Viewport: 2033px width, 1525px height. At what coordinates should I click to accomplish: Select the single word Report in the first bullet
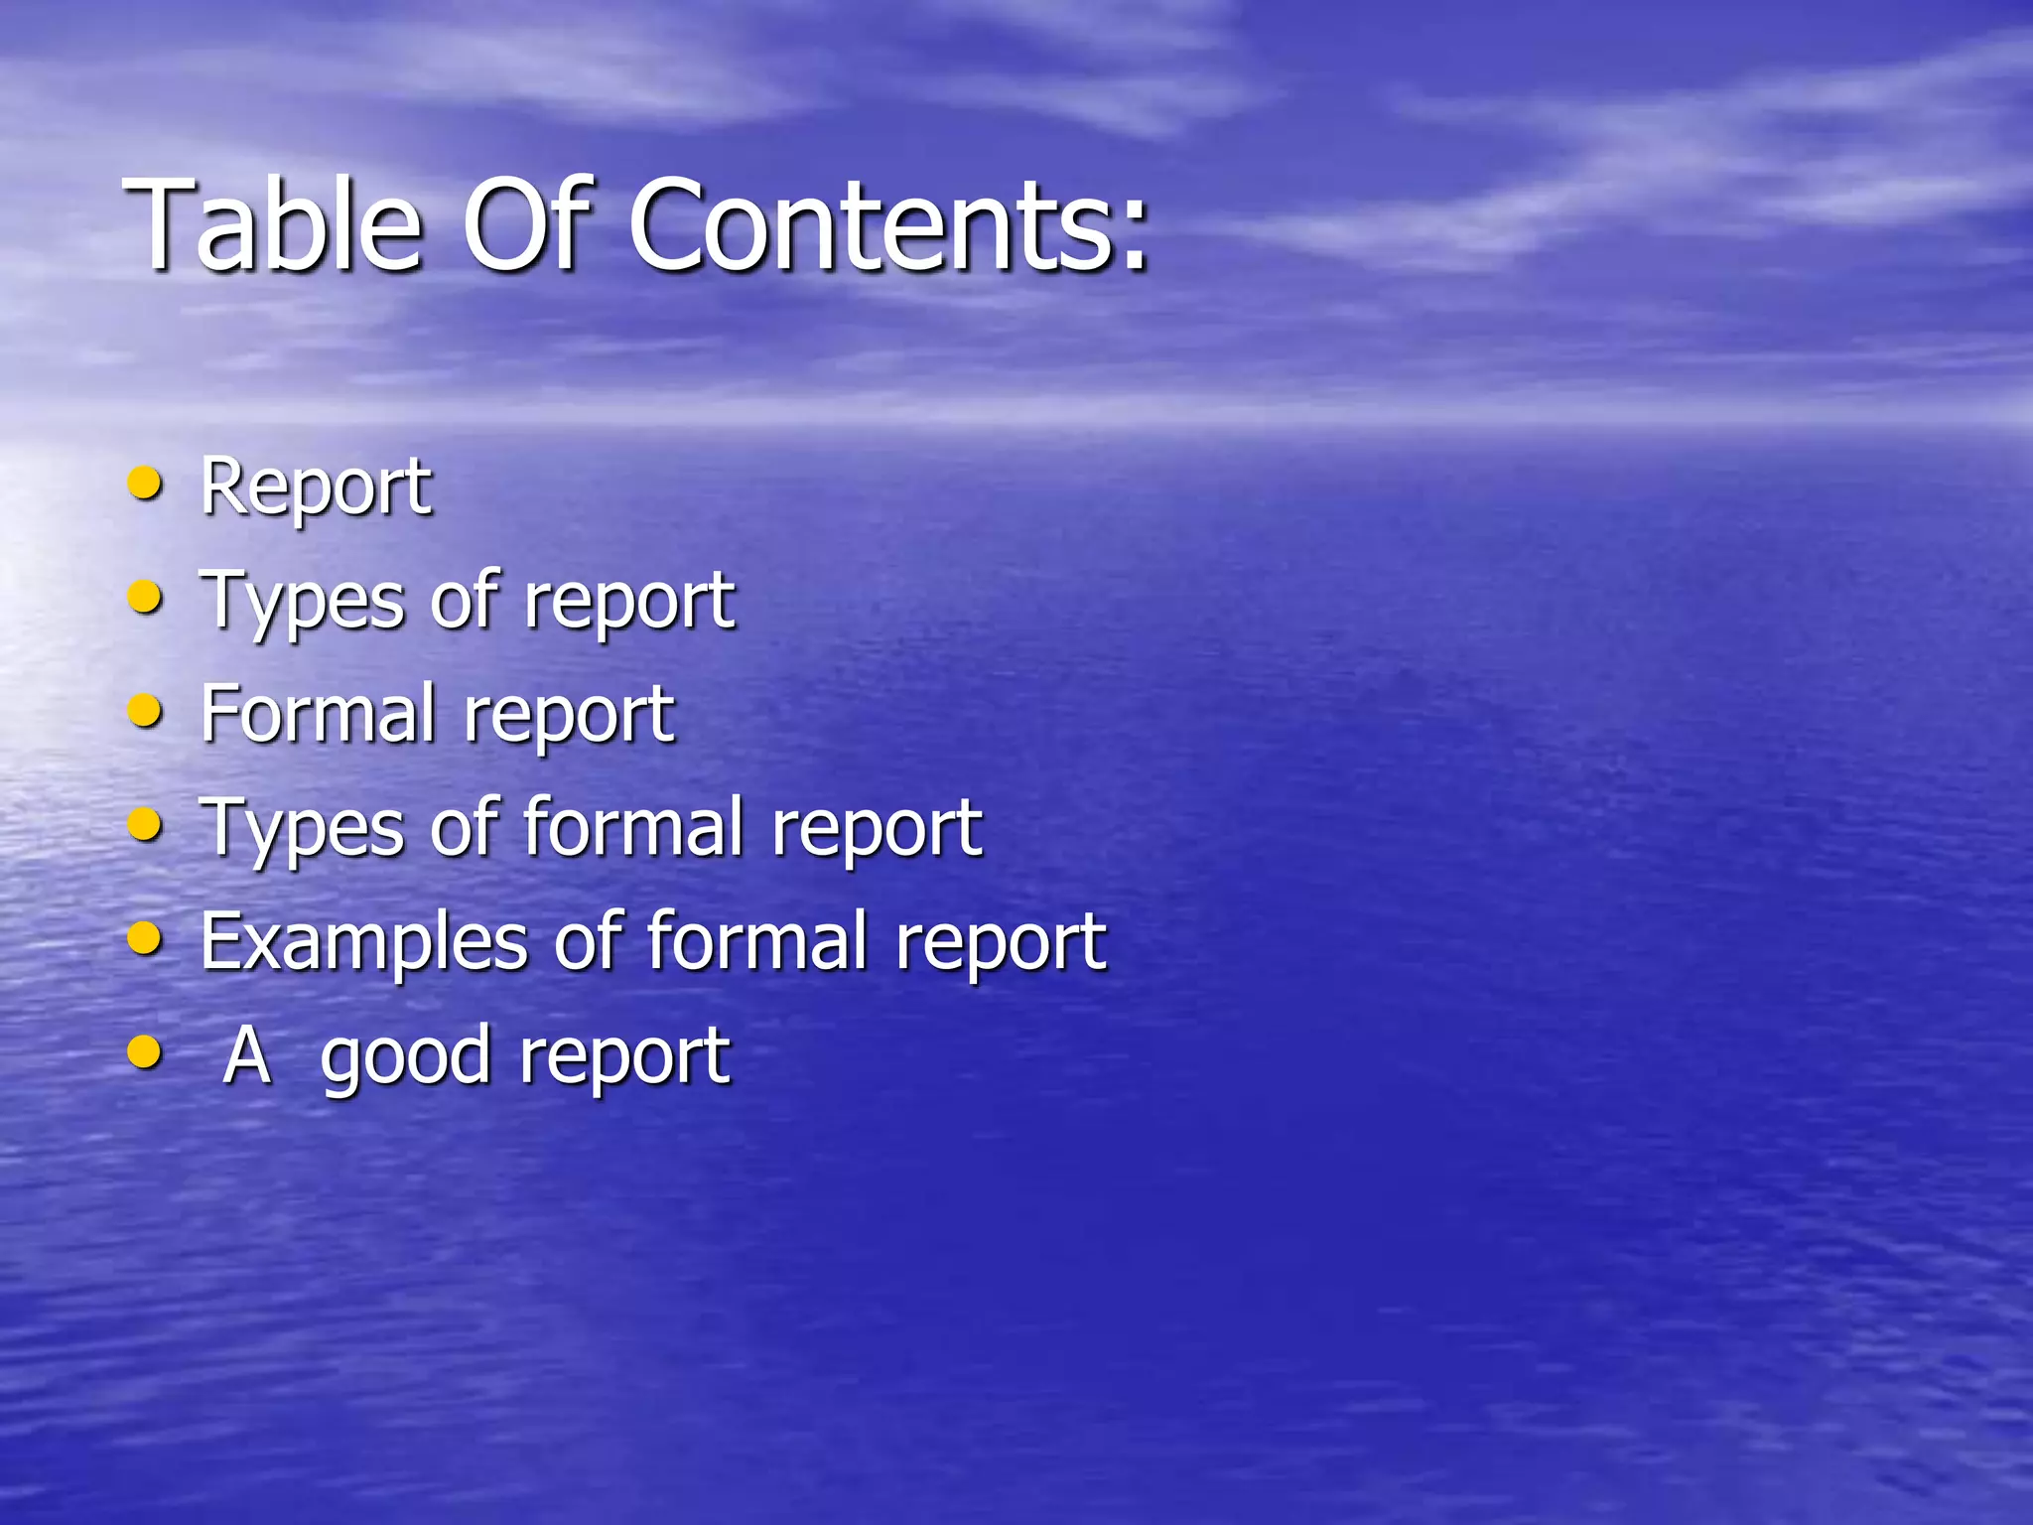316,488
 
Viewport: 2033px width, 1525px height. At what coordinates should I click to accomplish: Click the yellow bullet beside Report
146,485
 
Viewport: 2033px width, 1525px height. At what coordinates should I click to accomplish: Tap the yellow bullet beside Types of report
146,598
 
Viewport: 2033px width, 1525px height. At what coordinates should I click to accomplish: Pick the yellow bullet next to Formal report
146,711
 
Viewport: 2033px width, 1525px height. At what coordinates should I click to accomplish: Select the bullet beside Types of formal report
146,824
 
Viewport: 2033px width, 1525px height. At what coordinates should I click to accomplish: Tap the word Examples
363,943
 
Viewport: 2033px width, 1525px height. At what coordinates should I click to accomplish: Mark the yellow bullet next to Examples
146,938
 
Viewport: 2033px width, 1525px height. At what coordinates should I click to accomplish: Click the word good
406,1058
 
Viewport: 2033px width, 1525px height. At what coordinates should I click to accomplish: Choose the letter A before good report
246,1054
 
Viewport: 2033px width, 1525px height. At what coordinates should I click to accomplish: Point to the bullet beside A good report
146,1051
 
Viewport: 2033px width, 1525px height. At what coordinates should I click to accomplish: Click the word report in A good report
625,1058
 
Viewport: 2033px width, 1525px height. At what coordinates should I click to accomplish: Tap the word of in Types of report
465,602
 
